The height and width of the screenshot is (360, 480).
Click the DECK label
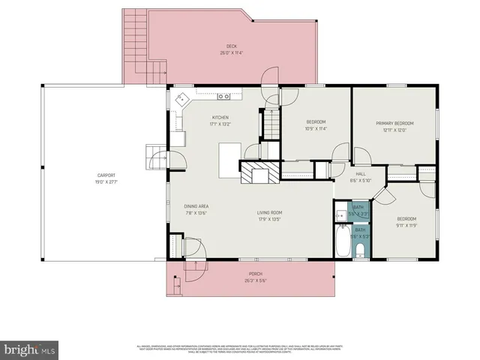pos(232,46)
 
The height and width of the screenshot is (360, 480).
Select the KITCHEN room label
pos(220,118)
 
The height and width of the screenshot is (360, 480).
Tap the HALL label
pos(361,174)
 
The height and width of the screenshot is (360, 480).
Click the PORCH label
pos(254,274)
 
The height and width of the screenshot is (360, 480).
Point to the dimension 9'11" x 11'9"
pos(406,225)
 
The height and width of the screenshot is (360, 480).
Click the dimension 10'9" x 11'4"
pos(316,129)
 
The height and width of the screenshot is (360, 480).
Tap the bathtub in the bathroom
pos(341,244)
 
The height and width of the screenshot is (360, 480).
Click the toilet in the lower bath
pos(360,250)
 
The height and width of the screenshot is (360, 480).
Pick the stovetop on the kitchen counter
pos(223,97)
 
